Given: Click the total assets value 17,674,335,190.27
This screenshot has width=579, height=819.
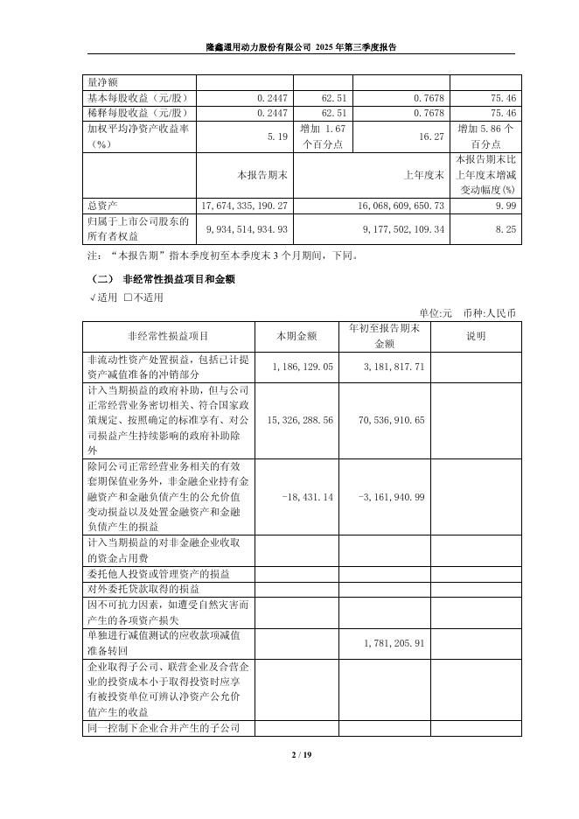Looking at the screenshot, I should (x=239, y=204).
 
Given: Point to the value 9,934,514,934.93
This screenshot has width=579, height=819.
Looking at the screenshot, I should (x=239, y=229).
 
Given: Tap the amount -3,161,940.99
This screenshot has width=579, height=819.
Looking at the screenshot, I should (x=392, y=496).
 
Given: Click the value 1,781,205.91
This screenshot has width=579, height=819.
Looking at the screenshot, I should (x=394, y=643).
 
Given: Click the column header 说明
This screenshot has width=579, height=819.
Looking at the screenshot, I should (x=476, y=336).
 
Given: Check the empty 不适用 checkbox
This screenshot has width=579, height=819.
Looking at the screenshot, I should (x=129, y=297).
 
